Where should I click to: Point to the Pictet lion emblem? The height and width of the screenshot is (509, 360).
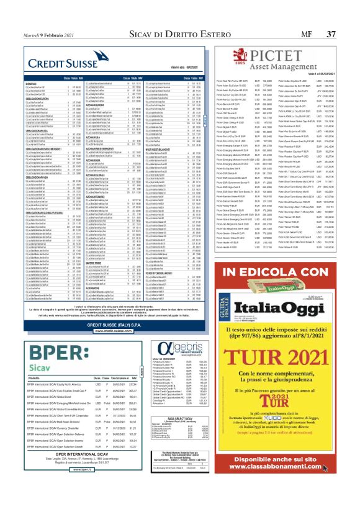(230, 56)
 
